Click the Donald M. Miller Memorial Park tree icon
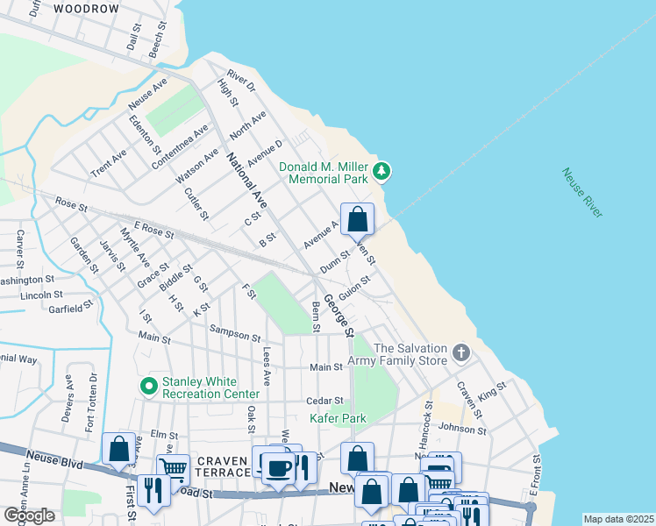pyautogui.click(x=381, y=170)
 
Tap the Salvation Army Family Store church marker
pyautogui.click(x=461, y=354)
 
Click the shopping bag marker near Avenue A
pyautogui.click(x=358, y=219)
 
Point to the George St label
pyautogui.click(x=338, y=316)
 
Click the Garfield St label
pyautogui.click(x=70, y=308)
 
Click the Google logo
pyautogui.click(x=29, y=515)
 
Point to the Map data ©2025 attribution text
pyautogui.click(x=617, y=519)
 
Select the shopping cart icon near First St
pyautogui.click(x=174, y=469)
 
